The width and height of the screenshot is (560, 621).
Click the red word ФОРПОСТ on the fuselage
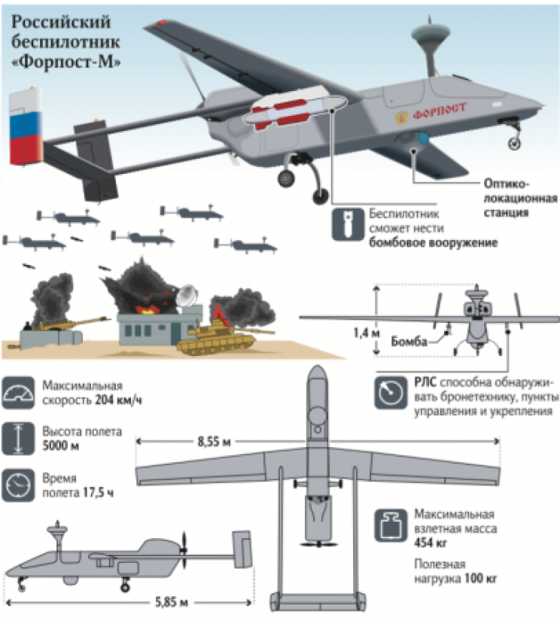pyautogui.click(x=440, y=111)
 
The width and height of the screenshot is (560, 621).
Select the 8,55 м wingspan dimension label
pyautogui.click(x=215, y=442)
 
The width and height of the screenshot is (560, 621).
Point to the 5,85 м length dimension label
pyautogui.click(x=171, y=603)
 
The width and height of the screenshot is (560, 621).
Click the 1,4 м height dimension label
pyautogui.click(x=367, y=333)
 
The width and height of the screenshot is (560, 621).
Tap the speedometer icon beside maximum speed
pyautogui.click(x=18, y=393)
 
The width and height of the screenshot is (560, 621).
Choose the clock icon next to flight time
pyautogui.click(x=18, y=486)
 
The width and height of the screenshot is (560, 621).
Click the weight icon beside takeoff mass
pyautogui.click(x=391, y=525)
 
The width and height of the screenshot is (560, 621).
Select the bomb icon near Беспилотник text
pyautogui.click(x=348, y=224)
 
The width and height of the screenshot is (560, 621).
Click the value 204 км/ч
pyautogui.click(x=118, y=400)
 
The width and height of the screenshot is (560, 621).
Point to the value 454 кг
pyautogui.click(x=431, y=543)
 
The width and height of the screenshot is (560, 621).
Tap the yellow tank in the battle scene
pyautogui.click(x=222, y=337)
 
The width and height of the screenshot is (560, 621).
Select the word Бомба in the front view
pyautogui.click(x=409, y=342)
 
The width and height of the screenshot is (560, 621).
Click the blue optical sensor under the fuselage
pyautogui.click(x=423, y=139)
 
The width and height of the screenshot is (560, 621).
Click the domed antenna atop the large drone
pyautogui.click(x=431, y=34)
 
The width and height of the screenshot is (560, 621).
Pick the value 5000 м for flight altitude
pyautogui.click(x=61, y=446)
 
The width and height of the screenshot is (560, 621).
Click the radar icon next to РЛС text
pyautogui.click(x=391, y=393)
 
